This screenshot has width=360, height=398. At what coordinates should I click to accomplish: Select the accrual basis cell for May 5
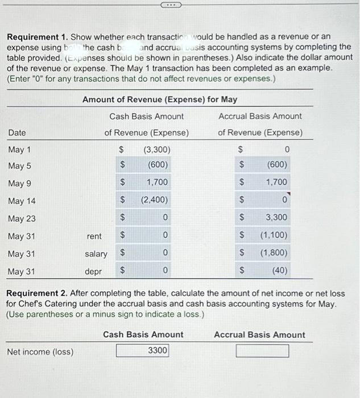click(x=271, y=166)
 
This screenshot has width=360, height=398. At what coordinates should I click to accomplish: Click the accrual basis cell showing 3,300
click(x=271, y=218)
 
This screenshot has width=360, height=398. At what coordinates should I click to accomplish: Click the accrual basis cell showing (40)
click(x=271, y=271)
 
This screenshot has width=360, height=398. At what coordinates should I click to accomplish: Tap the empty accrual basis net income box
click(x=262, y=351)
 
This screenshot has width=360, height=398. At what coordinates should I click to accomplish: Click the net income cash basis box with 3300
click(x=143, y=351)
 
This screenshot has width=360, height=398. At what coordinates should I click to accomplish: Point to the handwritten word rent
click(x=94, y=236)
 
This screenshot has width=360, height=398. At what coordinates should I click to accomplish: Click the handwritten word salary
click(x=96, y=254)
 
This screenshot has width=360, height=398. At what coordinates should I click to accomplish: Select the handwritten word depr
click(x=94, y=272)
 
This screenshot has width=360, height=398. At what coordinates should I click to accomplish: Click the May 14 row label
click(x=22, y=201)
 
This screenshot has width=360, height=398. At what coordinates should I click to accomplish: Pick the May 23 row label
click(x=22, y=218)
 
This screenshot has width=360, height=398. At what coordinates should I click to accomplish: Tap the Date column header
click(x=17, y=132)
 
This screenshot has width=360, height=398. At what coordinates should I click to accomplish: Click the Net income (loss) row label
click(x=40, y=351)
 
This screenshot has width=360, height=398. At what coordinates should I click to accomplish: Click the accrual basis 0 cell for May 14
click(x=271, y=200)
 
